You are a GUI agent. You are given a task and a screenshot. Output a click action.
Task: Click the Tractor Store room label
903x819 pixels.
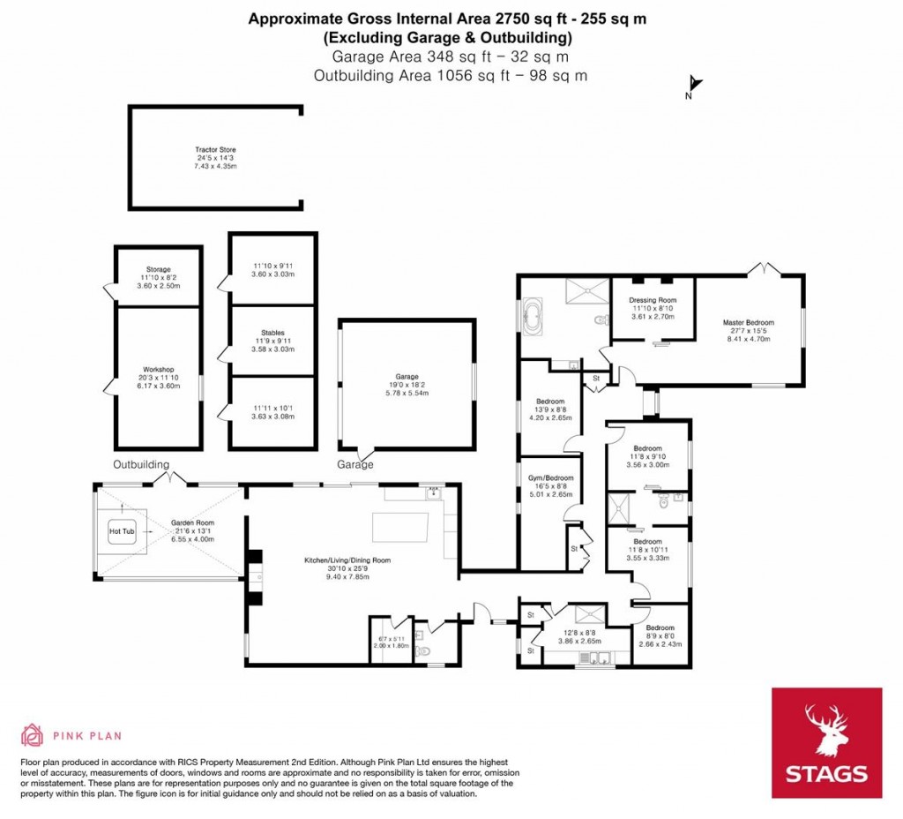coord(216,150)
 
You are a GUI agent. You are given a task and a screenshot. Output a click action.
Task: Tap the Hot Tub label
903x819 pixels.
coord(119,532)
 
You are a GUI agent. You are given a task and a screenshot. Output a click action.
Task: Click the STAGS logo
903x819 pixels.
coord(826,742)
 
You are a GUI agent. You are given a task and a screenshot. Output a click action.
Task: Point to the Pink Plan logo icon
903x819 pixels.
coord(33,734)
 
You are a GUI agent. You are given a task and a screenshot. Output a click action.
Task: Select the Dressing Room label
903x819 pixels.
coord(652,300)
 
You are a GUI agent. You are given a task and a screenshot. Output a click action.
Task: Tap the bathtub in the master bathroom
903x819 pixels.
coord(534,319)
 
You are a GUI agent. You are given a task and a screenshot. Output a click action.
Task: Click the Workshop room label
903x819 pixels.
coord(159,370)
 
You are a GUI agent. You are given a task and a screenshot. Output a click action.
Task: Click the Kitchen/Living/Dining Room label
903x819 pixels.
coord(347,560)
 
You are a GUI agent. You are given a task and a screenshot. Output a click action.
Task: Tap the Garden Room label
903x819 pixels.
coord(192,522)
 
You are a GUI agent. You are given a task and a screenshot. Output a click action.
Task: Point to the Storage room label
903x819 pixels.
coord(159,269)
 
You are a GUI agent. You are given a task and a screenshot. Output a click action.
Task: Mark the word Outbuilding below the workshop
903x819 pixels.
coord(141,465)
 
